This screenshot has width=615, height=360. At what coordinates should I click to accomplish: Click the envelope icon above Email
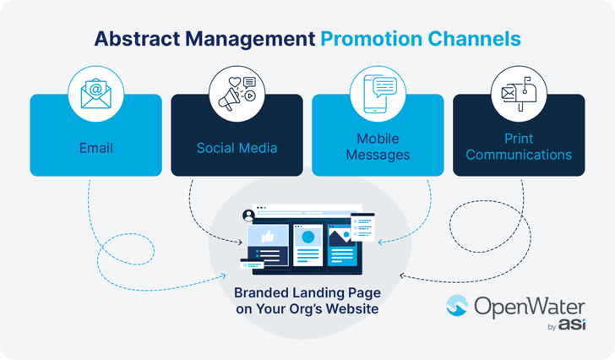pyautogui.click(x=95, y=93)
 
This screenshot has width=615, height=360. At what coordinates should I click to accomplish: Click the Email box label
pyautogui.click(x=95, y=148)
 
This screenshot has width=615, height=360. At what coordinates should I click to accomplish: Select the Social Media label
pyautogui.click(x=237, y=148)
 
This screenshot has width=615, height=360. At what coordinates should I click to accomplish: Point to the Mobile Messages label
pyautogui.click(x=378, y=147)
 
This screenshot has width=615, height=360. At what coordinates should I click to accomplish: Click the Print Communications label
pyautogui.click(x=518, y=147)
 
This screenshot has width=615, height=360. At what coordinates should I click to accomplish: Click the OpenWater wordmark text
pyautogui.click(x=529, y=306)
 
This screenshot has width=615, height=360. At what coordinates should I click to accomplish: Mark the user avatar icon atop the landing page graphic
pyautogui.click(x=248, y=215)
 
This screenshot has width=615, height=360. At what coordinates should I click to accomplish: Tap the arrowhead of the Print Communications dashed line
pyautogui.click(x=400, y=275)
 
